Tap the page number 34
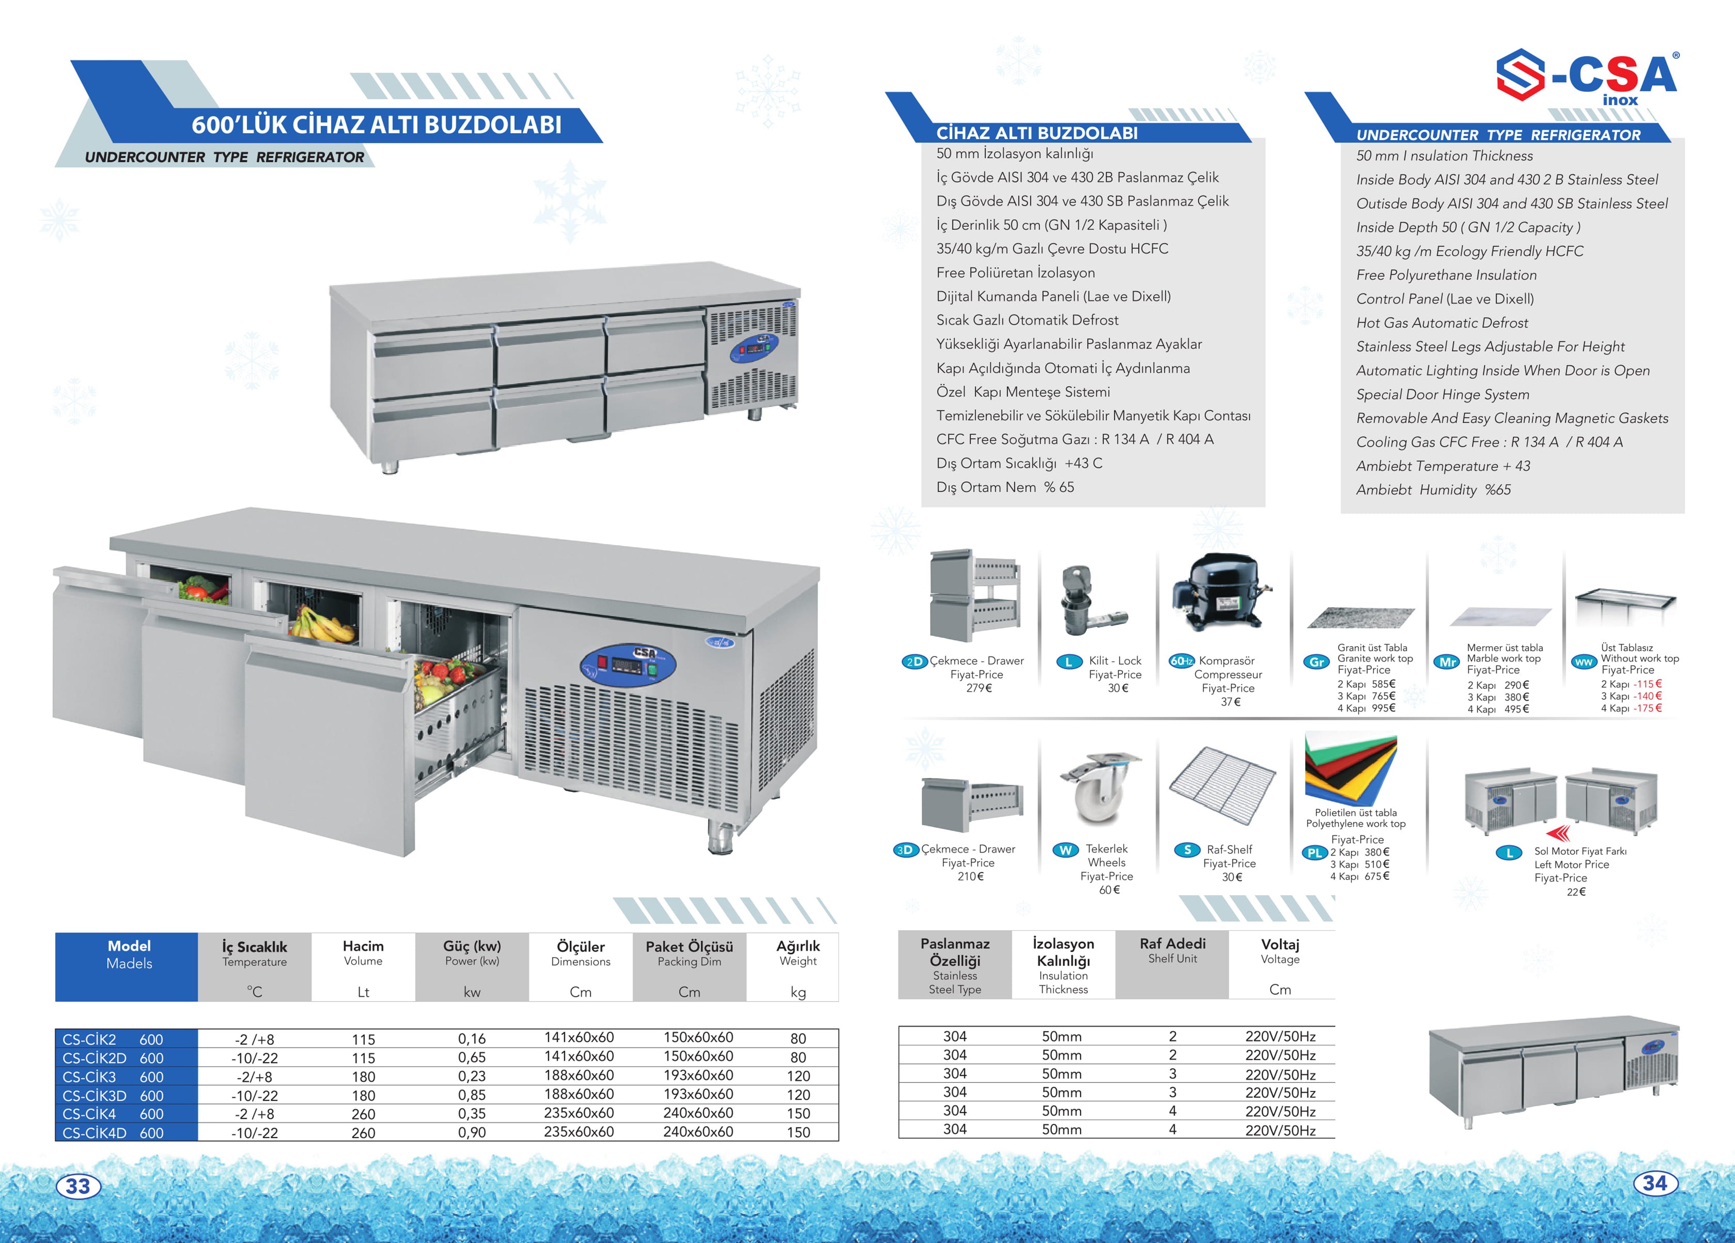pos(1655,1183)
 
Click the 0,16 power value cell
pos(472,1039)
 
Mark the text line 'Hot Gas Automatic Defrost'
pos(1442,323)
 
